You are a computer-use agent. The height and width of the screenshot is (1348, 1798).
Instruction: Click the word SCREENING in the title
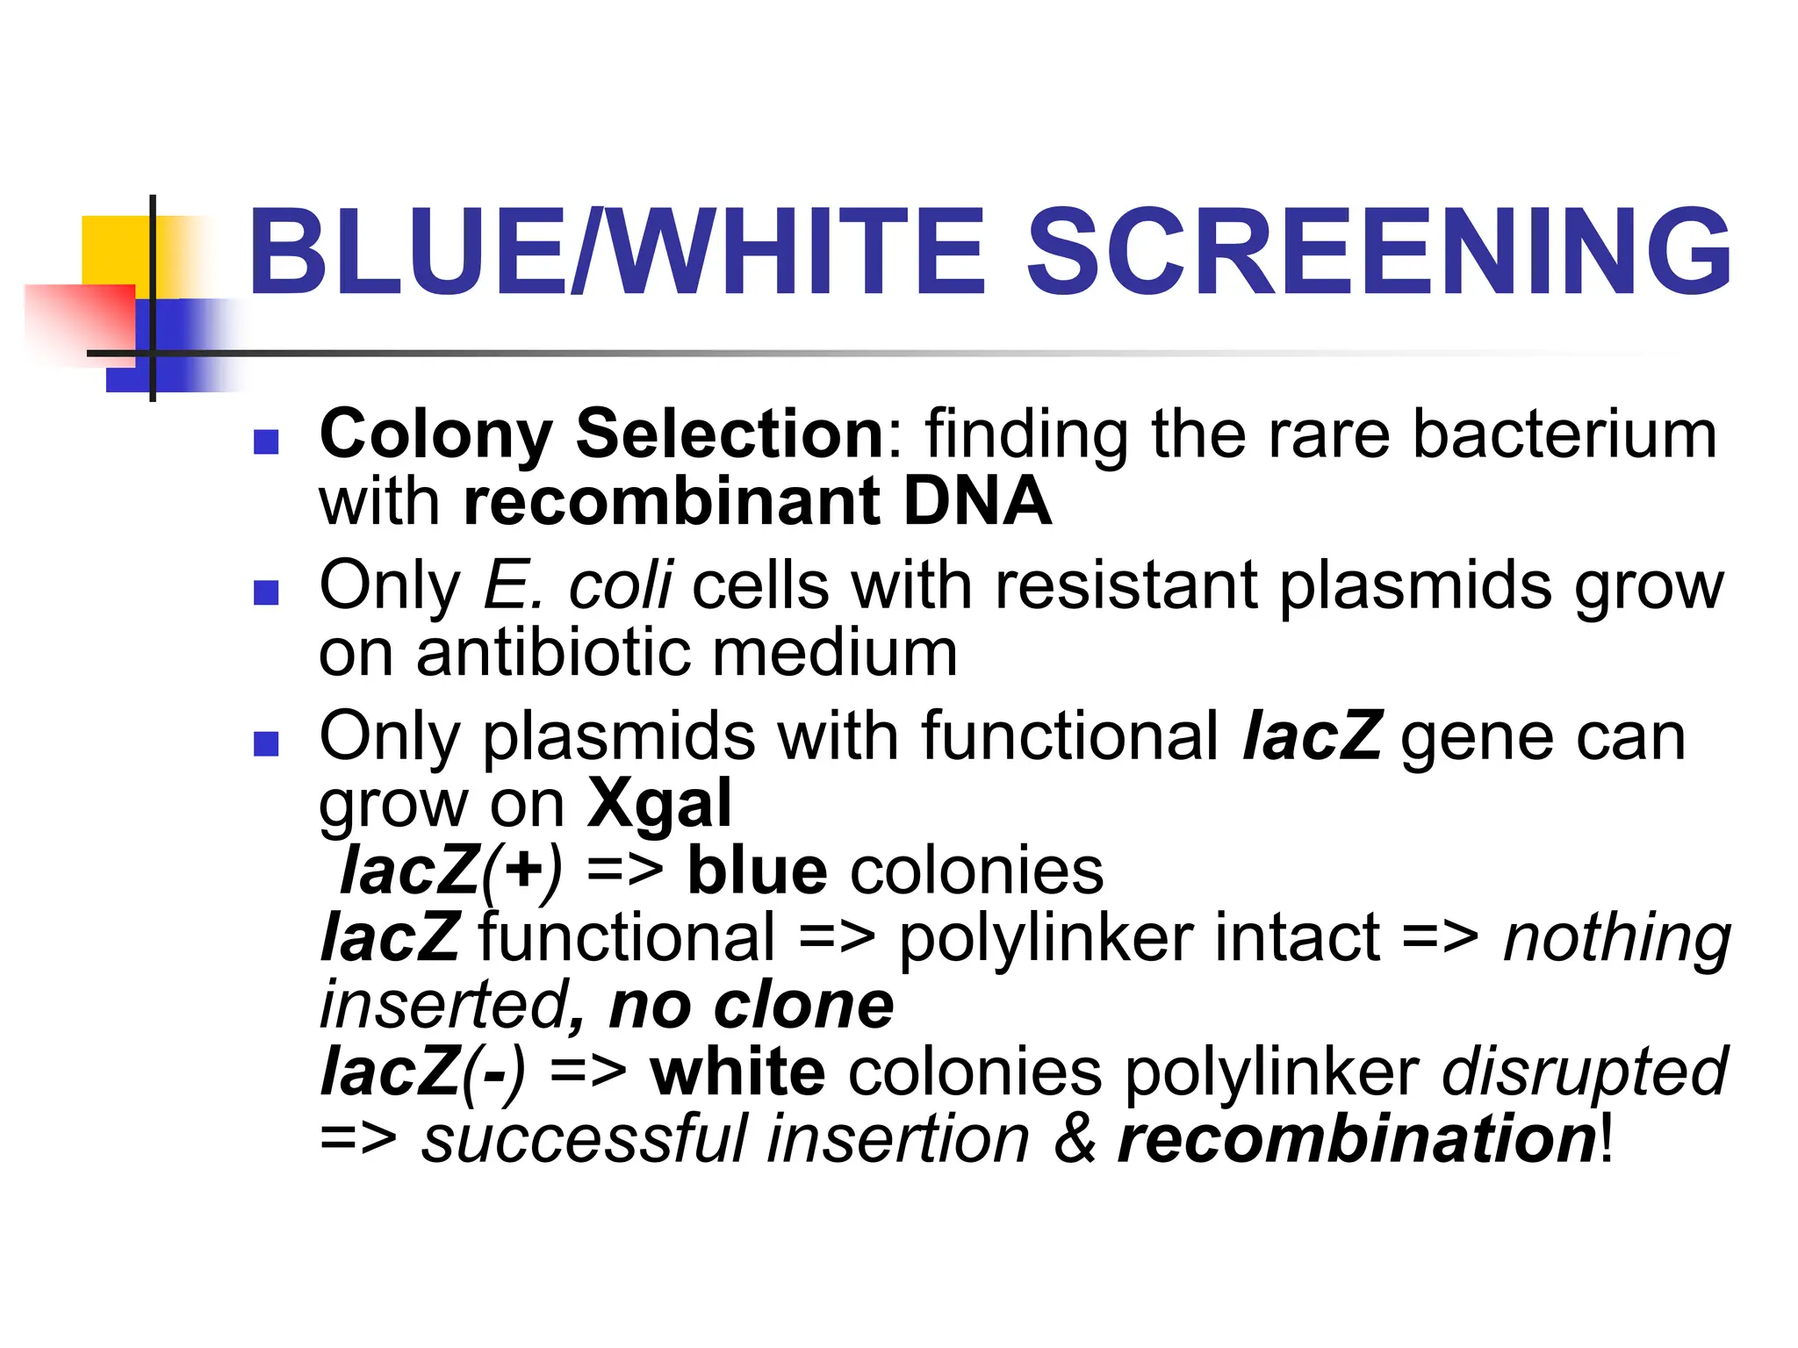[x=1378, y=253]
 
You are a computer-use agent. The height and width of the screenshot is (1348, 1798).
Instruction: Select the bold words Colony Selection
[x=601, y=434]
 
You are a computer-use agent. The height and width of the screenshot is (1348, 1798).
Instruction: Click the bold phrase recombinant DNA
[x=757, y=502]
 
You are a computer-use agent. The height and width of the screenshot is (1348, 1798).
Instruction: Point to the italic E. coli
[x=578, y=585]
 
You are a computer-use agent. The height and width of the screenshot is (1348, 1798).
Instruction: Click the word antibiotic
[x=555, y=654]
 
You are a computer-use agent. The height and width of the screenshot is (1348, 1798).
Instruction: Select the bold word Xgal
[x=658, y=803]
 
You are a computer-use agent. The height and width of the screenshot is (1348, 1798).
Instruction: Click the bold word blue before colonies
[x=757, y=871]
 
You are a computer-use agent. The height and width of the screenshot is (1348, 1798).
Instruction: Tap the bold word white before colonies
[x=737, y=1072]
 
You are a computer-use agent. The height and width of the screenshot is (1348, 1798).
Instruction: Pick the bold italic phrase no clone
[x=752, y=1006]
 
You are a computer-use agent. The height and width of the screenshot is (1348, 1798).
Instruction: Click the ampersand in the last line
[x=1075, y=1139]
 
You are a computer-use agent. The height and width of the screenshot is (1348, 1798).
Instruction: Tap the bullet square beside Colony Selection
[x=265, y=441]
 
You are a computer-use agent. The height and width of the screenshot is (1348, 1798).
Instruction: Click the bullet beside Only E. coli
[x=265, y=593]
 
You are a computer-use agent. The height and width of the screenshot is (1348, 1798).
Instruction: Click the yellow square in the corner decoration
[x=114, y=250]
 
